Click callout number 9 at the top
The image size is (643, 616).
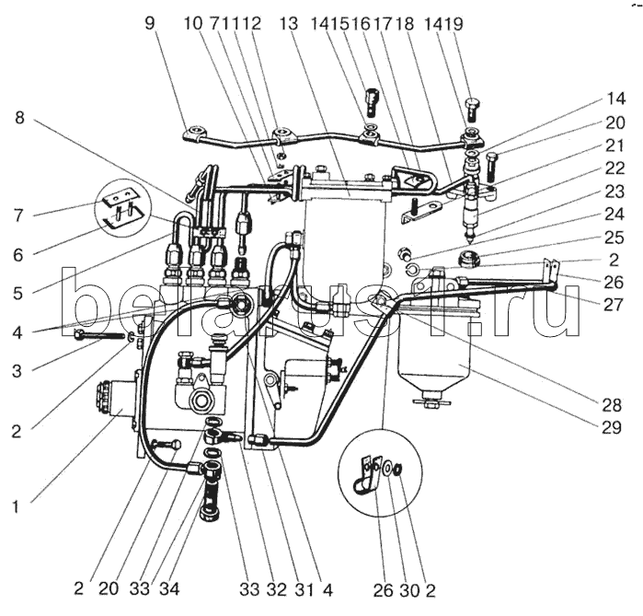(150, 23)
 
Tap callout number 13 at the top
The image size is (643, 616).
(289, 23)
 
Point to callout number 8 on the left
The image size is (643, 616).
(19, 118)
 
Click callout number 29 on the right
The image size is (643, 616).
(612, 428)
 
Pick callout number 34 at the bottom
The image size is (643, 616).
(169, 589)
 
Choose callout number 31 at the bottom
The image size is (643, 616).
(304, 590)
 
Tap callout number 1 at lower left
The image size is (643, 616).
(16, 507)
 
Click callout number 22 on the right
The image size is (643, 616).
(614, 169)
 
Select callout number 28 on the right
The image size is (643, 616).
(612, 405)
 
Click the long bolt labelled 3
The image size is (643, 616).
(99, 335)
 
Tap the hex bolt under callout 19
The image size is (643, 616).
(473, 110)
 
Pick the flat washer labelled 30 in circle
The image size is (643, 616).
(386, 468)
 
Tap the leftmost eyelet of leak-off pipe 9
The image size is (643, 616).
(194, 133)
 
